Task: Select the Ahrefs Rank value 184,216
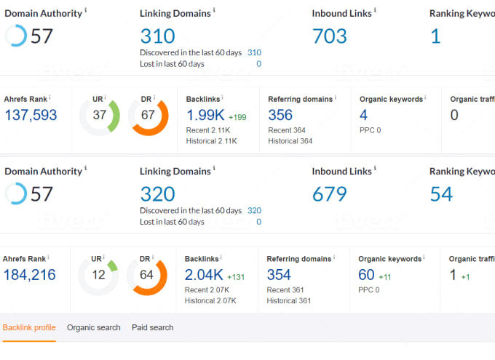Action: click(x=31, y=275)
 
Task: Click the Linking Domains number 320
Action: click(x=157, y=193)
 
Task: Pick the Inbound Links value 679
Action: click(x=329, y=194)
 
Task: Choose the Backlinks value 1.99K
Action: click(x=205, y=115)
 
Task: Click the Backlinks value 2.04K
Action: click(x=204, y=275)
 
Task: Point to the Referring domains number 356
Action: click(x=280, y=115)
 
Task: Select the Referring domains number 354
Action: click(x=279, y=275)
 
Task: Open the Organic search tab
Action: click(x=94, y=328)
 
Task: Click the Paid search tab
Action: click(x=153, y=328)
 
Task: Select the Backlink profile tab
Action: click(x=29, y=328)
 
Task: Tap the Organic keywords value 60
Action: click(x=366, y=275)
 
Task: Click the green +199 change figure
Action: click(x=237, y=117)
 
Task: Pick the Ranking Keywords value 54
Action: click(x=441, y=194)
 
